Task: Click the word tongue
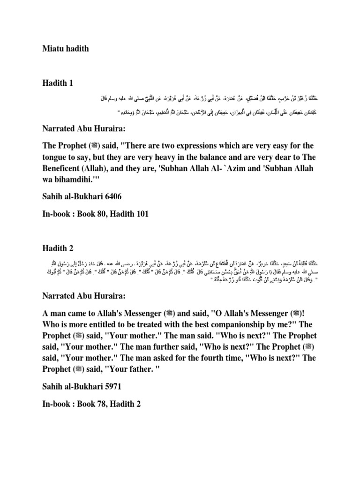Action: click(x=68, y=155)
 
